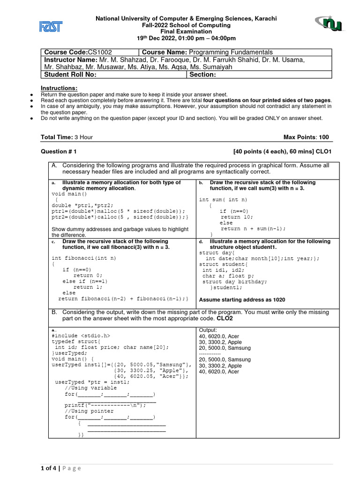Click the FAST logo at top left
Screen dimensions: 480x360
tap(50, 27)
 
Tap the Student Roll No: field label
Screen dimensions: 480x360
tap(70, 75)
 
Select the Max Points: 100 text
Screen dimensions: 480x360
tap(306, 137)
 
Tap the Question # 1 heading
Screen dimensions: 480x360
tap(59, 152)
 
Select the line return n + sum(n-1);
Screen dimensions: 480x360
tap(253, 229)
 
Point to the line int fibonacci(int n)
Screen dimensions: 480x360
tap(84, 258)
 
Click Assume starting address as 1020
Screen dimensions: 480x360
tap(242, 300)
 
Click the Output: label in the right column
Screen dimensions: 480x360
tap(209, 330)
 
